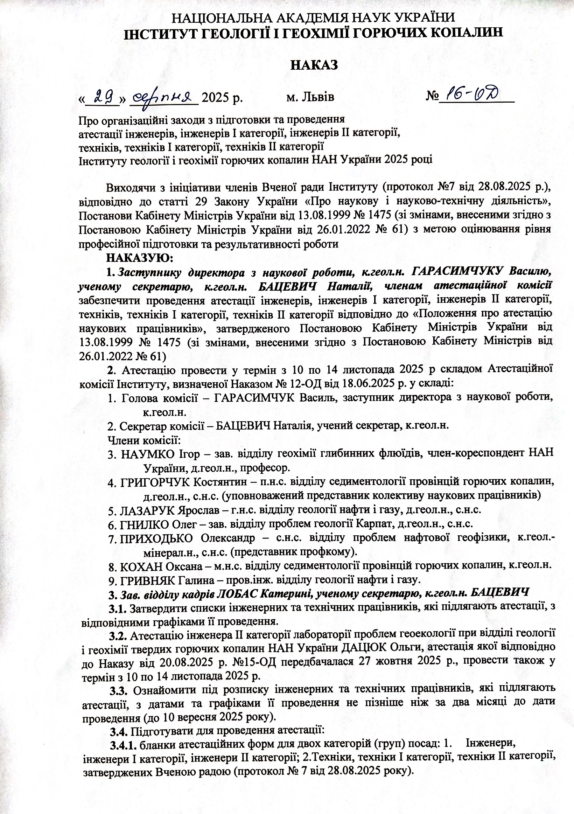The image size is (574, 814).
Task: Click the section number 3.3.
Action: [118, 690]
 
